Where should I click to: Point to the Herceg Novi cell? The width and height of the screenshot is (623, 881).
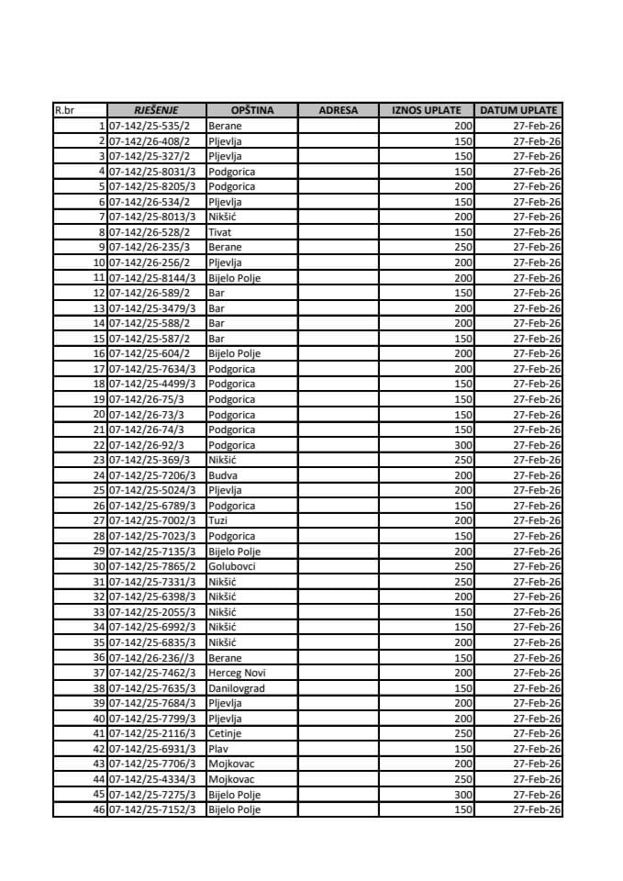pos(237,673)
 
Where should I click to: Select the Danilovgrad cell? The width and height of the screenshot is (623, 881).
pos(235,688)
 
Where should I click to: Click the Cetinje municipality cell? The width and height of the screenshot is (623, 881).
pos(225,733)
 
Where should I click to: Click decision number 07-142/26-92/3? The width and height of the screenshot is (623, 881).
pos(147,445)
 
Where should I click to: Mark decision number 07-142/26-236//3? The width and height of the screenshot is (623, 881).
pos(150,658)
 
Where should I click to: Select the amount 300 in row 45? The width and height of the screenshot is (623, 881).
pos(462,795)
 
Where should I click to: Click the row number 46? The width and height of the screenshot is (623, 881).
pos(99,809)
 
